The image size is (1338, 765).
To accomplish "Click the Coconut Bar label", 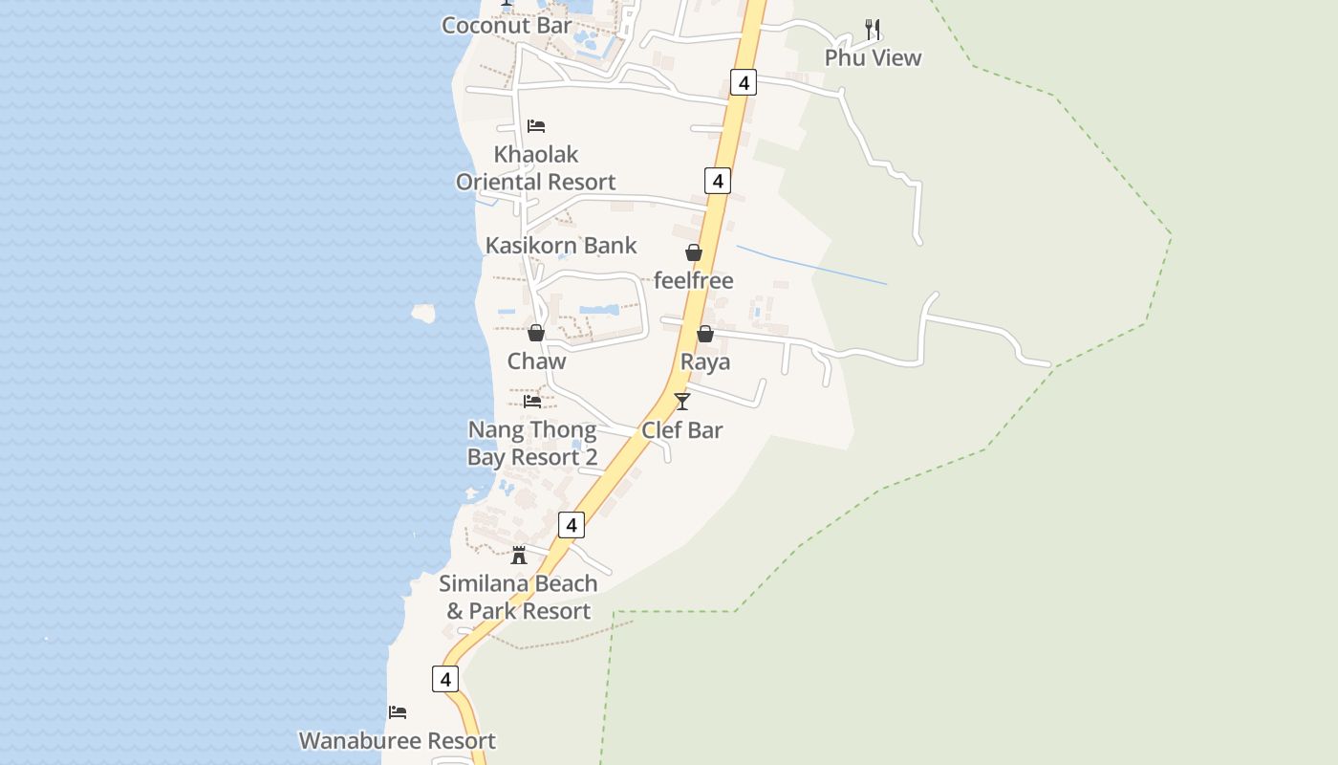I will [507, 26].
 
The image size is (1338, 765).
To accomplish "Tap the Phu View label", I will [873, 58].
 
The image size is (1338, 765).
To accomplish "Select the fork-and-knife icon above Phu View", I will [872, 30].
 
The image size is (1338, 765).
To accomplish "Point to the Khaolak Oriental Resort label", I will [535, 168].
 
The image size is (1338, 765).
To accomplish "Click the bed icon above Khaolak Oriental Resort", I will [536, 126].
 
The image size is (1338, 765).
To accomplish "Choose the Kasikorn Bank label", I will [561, 246].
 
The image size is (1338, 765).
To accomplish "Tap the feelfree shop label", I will [693, 281].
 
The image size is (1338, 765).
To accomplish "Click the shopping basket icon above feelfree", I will [694, 252].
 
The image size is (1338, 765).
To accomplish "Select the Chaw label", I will [536, 361].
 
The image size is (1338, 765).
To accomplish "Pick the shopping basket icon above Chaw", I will [536, 333].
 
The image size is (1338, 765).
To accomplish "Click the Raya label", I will [705, 362].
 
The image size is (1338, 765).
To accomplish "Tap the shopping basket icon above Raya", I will [705, 334].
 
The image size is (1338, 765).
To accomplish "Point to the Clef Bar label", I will [682, 430].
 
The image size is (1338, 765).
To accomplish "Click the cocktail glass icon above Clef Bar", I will [682, 402].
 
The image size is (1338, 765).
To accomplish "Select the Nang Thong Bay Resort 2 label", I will [532, 444].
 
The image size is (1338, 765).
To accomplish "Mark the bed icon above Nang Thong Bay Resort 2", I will [532, 402].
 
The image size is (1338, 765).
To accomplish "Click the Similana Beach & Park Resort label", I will [519, 598].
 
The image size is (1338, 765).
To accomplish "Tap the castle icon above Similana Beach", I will [519, 555].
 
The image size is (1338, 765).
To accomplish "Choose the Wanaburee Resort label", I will [398, 741].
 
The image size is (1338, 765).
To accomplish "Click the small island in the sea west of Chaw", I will [423, 313].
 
